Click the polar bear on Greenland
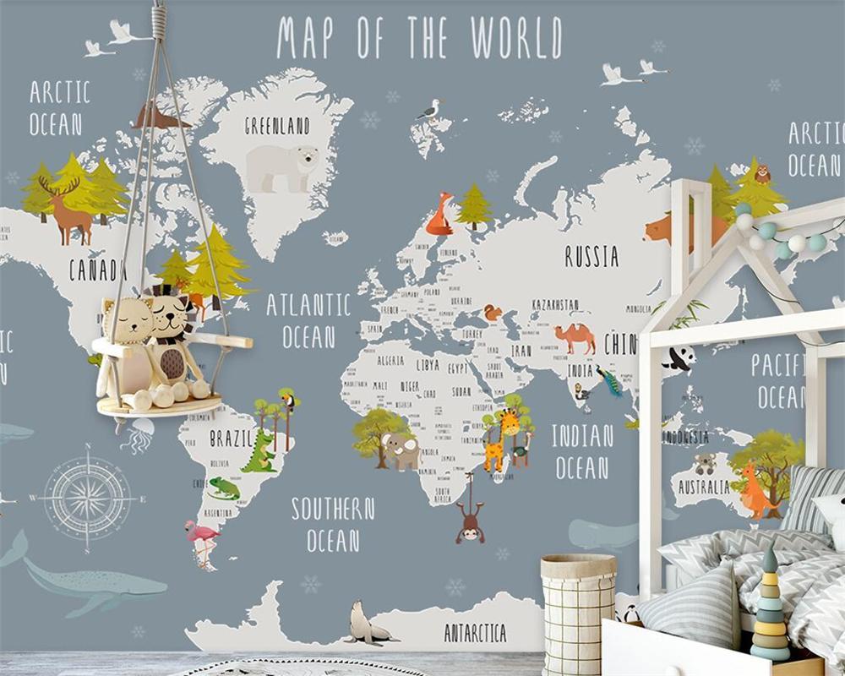pos(282,167)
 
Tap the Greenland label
pos(277,127)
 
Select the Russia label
pos(591,256)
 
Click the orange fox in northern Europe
pos(440,215)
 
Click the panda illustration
pos(679,359)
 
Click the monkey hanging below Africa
pos(469,517)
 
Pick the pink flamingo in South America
pos(203,539)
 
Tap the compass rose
pos(88,496)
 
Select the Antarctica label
pos(476,632)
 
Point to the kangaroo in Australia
pos(755,492)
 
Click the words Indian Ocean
pos(582,451)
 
